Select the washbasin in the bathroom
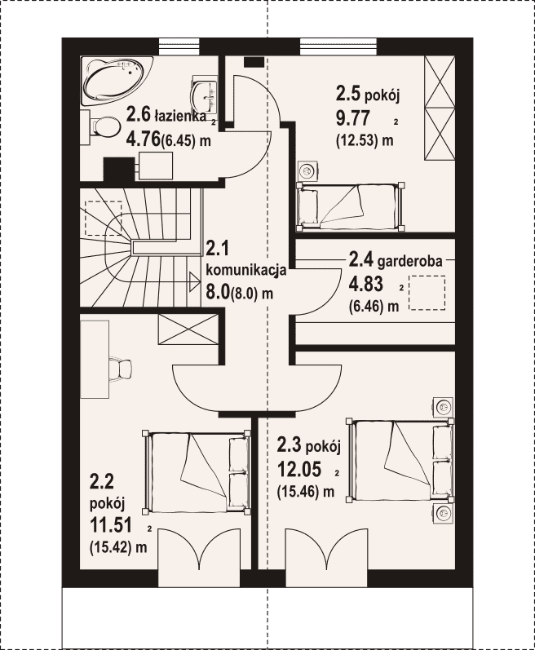(205, 95)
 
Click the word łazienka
(180, 116)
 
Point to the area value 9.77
(352, 119)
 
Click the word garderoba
(410, 261)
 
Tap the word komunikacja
(246, 271)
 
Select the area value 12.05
(299, 469)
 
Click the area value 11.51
(111, 526)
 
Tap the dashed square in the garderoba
(427, 294)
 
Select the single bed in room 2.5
(351, 206)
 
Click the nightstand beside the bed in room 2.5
(307, 170)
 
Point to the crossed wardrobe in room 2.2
(188, 329)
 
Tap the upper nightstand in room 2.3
(443, 407)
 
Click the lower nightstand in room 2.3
(443, 514)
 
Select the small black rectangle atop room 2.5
(254, 62)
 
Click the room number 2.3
(290, 446)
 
